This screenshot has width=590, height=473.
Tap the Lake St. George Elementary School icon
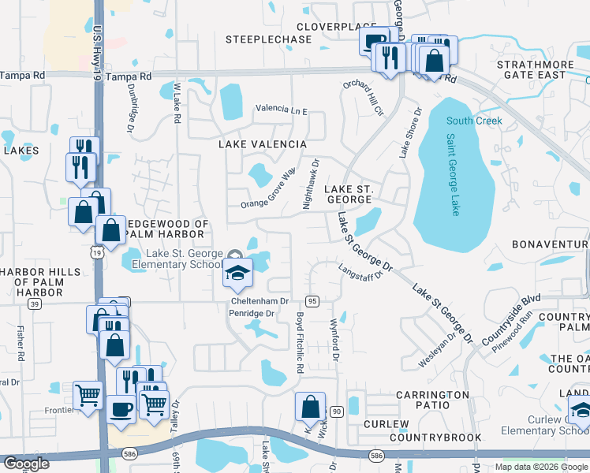237,273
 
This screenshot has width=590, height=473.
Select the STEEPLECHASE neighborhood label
268,39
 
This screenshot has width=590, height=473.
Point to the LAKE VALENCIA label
262,144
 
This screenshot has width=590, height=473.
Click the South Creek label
473,121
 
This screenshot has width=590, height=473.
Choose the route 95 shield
312,301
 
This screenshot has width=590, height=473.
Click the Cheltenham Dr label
260,301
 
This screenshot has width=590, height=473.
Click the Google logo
25,464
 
